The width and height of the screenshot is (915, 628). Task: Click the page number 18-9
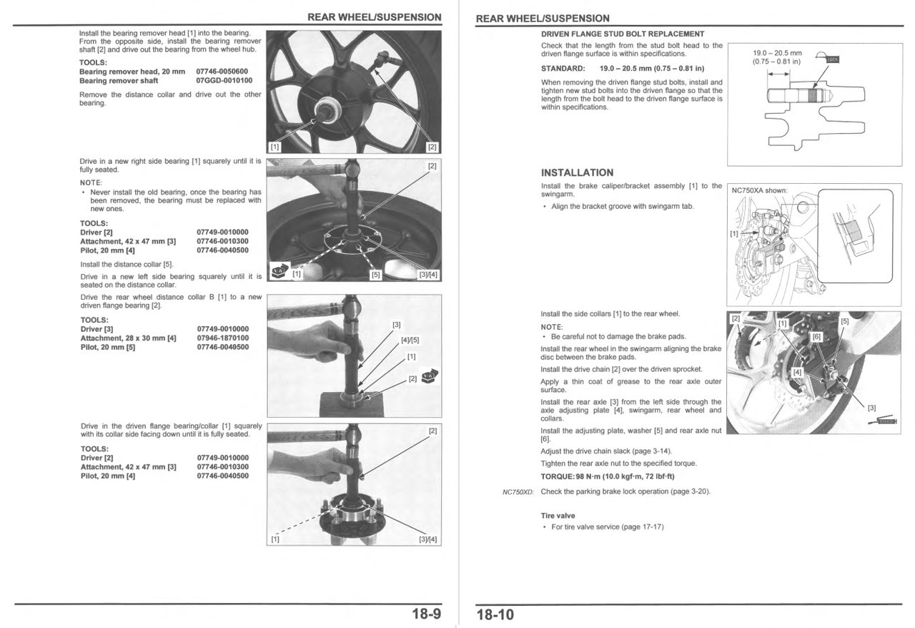pos(426,614)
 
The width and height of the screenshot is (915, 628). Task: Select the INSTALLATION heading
pos(577,172)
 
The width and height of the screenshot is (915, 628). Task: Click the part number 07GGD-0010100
pos(224,81)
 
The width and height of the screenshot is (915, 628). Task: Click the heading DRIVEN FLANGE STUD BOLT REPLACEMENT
pos(623,34)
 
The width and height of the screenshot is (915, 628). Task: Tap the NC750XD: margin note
pos(518,492)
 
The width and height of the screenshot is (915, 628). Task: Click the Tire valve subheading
pos(558,516)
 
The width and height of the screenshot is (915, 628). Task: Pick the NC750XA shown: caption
pos(759,191)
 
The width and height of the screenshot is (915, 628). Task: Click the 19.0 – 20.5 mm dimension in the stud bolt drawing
pos(777,53)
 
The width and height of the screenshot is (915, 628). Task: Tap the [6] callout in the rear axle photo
pos(817,336)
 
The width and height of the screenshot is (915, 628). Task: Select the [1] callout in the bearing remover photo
pos(274,147)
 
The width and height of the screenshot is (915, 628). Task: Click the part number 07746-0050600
pos(222,72)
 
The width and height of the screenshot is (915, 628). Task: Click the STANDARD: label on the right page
pos(563,69)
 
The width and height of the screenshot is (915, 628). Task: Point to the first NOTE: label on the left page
pos(91,182)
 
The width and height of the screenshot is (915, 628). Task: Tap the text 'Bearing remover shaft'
pos(119,81)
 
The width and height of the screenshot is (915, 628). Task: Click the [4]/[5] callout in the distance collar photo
pos(410,340)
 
